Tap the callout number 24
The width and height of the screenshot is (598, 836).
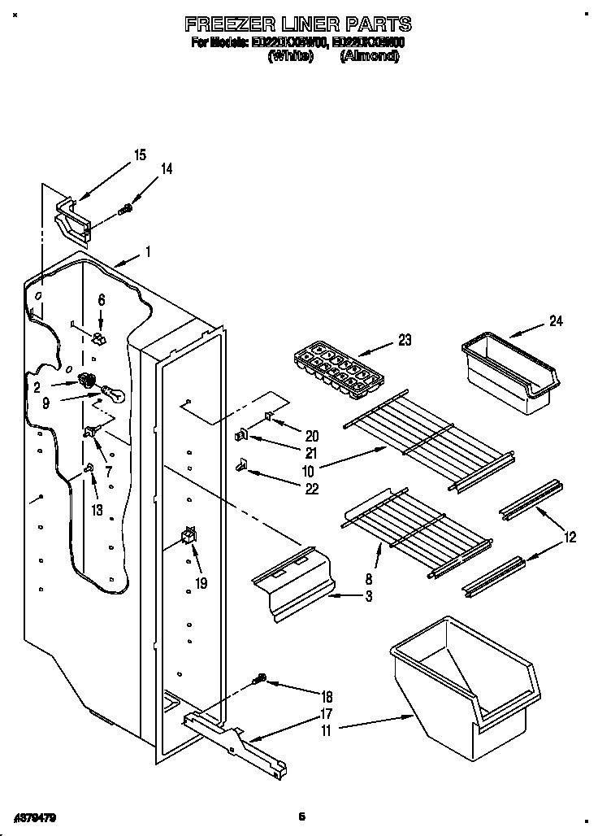tap(556, 320)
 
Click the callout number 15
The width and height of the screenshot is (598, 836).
tap(140, 155)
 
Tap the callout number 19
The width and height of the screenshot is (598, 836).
tap(201, 582)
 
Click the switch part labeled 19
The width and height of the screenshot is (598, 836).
tap(190, 536)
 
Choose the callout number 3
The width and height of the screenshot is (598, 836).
tap(368, 596)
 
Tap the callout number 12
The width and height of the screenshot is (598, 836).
tap(572, 536)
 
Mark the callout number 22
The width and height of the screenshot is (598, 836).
tap(289, 489)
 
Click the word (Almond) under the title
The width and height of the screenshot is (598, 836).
tap(370, 56)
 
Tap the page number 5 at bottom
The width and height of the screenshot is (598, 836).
tap(301, 816)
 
